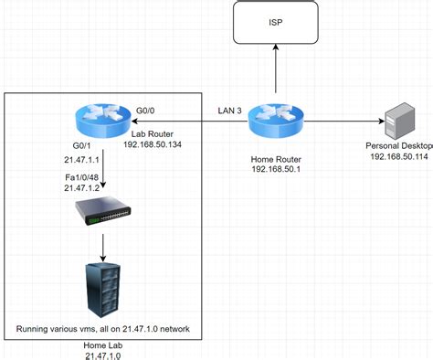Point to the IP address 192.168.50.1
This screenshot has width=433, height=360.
click(x=277, y=169)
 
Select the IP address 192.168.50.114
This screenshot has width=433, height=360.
click(x=399, y=157)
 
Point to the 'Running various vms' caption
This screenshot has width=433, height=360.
click(x=102, y=329)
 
